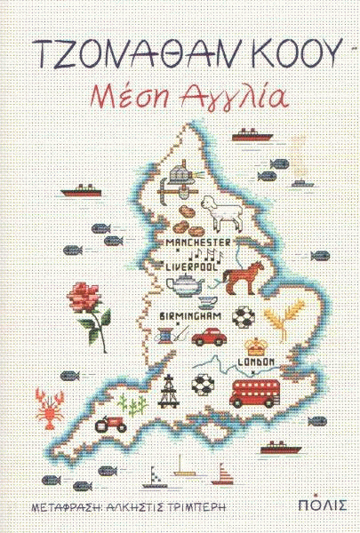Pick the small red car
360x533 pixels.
(210, 337)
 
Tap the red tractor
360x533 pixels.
(109, 425)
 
